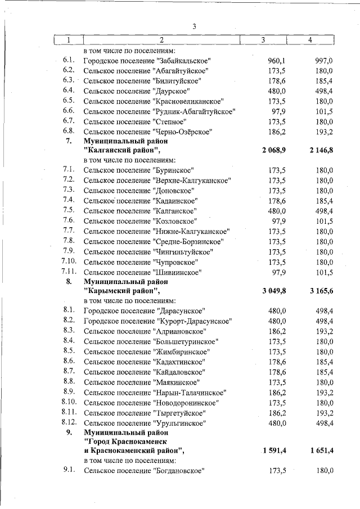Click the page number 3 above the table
[x=194, y=26]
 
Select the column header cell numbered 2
[x=161, y=40]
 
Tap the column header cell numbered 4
[x=310, y=40]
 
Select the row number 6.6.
[x=69, y=111]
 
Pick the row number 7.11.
[x=68, y=272]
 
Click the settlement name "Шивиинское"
[x=177, y=272]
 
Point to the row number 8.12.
[x=68, y=422]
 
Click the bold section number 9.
[x=69, y=433]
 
